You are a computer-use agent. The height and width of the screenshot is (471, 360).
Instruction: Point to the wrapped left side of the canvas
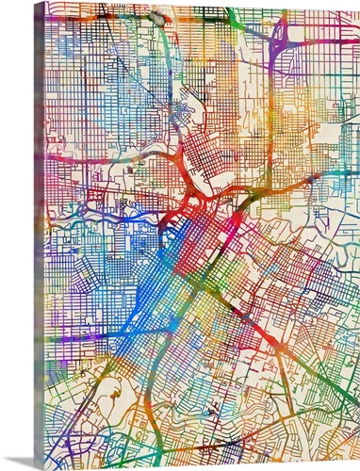[x=39, y=235]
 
